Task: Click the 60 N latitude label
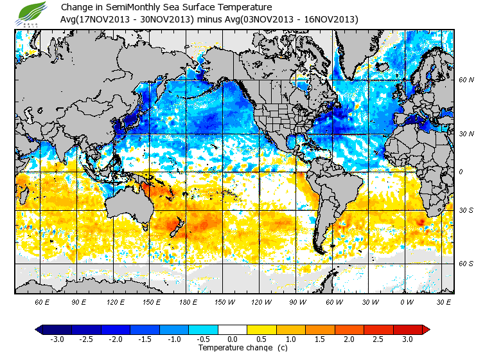coord(466,80)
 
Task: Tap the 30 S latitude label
coord(466,210)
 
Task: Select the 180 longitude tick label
coord(188,301)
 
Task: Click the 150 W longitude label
coord(224,301)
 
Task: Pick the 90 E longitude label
coord(79,301)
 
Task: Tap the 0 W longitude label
coord(406,301)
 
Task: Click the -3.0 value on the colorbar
coord(57,339)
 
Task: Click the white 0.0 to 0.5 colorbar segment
coord(233,329)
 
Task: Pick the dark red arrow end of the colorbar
coord(426,329)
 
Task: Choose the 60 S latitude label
coord(466,264)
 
